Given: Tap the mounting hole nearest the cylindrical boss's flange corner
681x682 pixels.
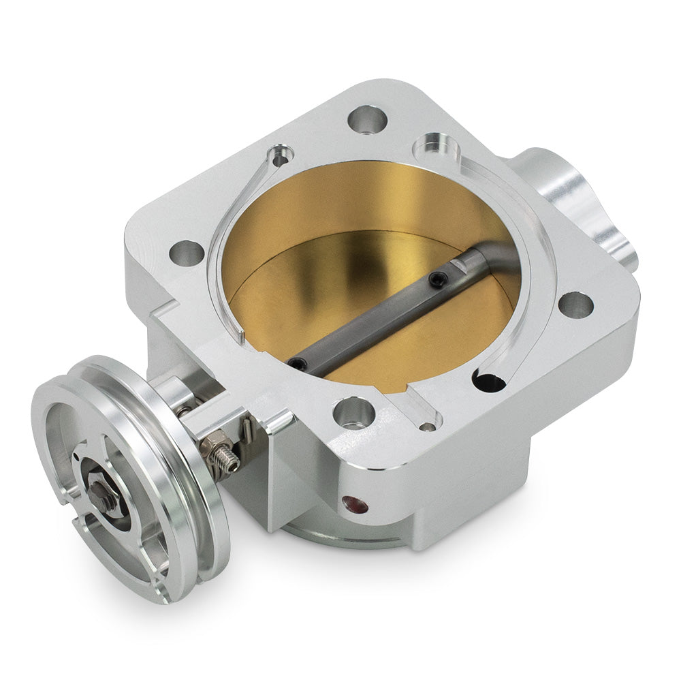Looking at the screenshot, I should tap(575, 304).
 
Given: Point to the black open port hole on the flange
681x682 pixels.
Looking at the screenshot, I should tap(489, 382).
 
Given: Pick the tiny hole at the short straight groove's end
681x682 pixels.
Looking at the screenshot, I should tap(427, 428).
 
